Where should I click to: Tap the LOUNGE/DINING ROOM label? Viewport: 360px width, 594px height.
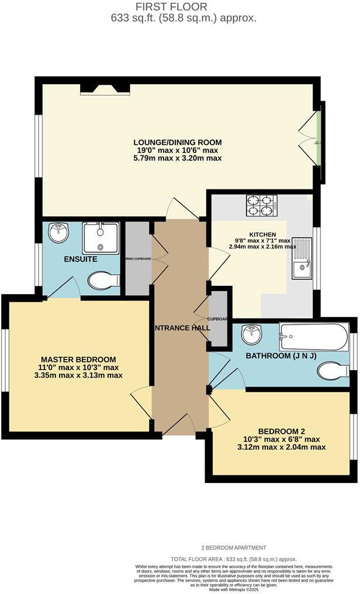click(178, 142)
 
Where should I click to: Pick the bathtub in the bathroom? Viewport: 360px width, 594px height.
click(314, 337)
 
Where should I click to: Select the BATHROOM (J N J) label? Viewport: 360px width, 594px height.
click(281, 355)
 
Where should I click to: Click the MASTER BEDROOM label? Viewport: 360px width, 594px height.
click(78, 359)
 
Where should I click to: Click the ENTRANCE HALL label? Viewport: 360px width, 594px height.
click(181, 329)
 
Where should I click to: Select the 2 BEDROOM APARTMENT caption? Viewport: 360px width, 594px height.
click(233, 548)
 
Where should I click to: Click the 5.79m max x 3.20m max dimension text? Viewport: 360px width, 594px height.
click(178, 158)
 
